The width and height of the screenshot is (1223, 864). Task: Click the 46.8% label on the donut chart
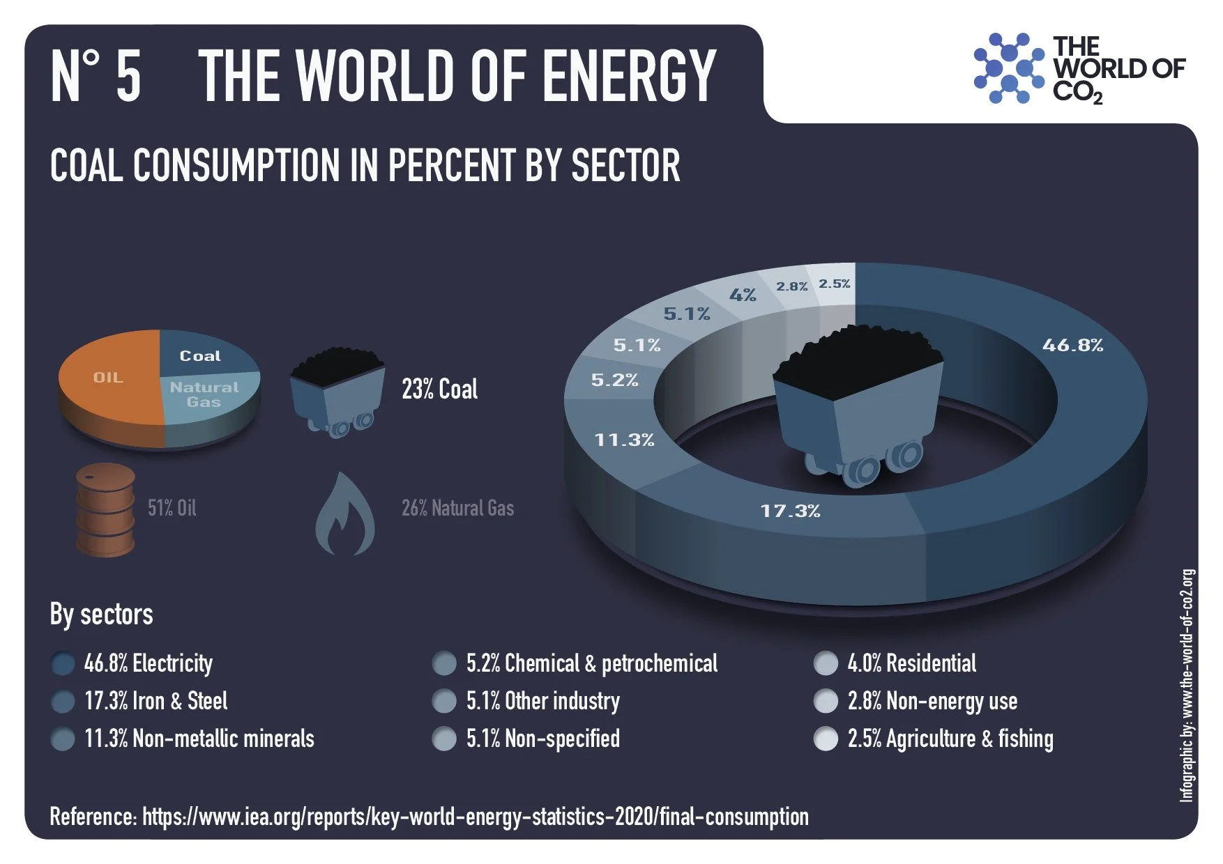pyautogui.click(x=1072, y=345)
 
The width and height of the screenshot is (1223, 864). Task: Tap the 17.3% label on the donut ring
pyautogui.click(x=790, y=511)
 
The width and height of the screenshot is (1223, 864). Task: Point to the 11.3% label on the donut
pyautogui.click(x=624, y=440)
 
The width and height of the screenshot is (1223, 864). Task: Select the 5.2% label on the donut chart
pyautogui.click(x=614, y=380)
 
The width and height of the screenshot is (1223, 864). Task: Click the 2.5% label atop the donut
pyautogui.click(x=835, y=284)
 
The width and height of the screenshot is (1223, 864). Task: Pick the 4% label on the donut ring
pyautogui.click(x=743, y=295)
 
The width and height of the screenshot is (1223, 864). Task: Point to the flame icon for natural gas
pyautogui.click(x=344, y=516)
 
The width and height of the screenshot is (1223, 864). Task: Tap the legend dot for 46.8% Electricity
pyautogui.click(x=63, y=664)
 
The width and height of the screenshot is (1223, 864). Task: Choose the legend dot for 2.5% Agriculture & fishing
pyautogui.click(x=826, y=739)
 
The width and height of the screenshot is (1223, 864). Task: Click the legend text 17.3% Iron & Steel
pyautogui.click(x=155, y=701)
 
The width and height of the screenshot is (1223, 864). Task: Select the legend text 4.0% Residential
pyautogui.click(x=911, y=663)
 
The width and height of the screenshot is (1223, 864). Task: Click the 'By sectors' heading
pyautogui.click(x=101, y=615)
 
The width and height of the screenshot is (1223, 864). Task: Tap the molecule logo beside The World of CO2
pyautogui.click(x=1008, y=68)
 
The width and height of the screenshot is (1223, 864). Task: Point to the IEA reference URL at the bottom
pyautogui.click(x=475, y=817)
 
